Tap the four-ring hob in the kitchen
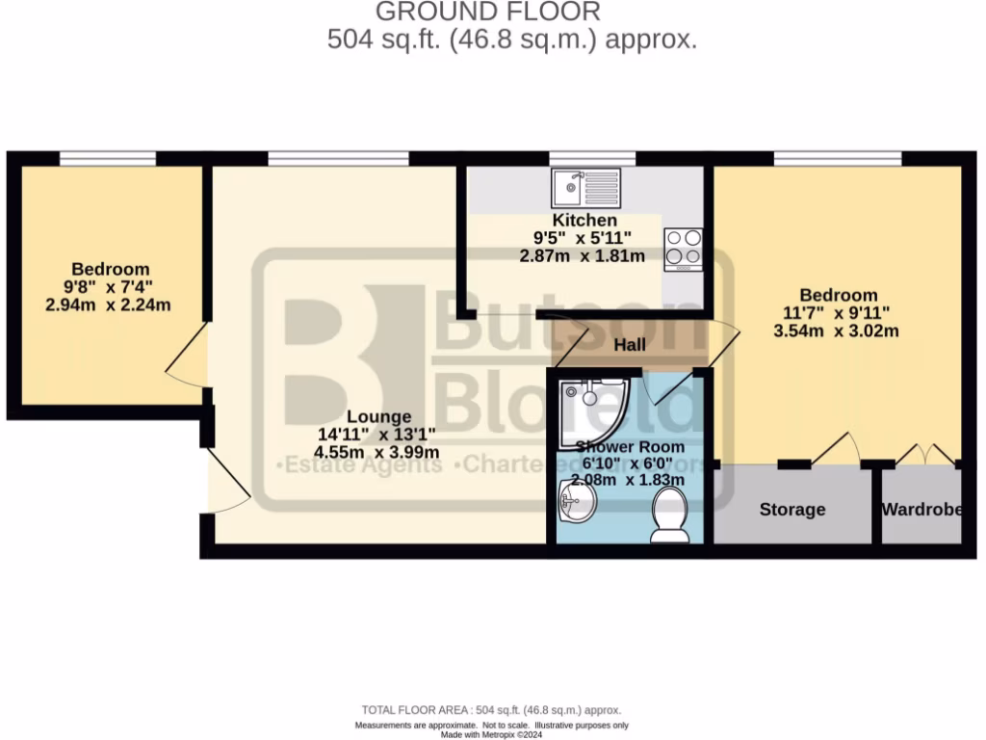(x=683, y=249)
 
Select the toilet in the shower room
(x=669, y=513)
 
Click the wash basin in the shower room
(x=579, y=499)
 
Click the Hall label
(x=629, y=345)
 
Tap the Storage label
(x=792, y=509)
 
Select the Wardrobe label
(x=921, y=509)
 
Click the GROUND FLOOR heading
(x=487, y=12)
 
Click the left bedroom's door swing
(x=185, y=356)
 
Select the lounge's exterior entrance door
(x=226, y=482)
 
